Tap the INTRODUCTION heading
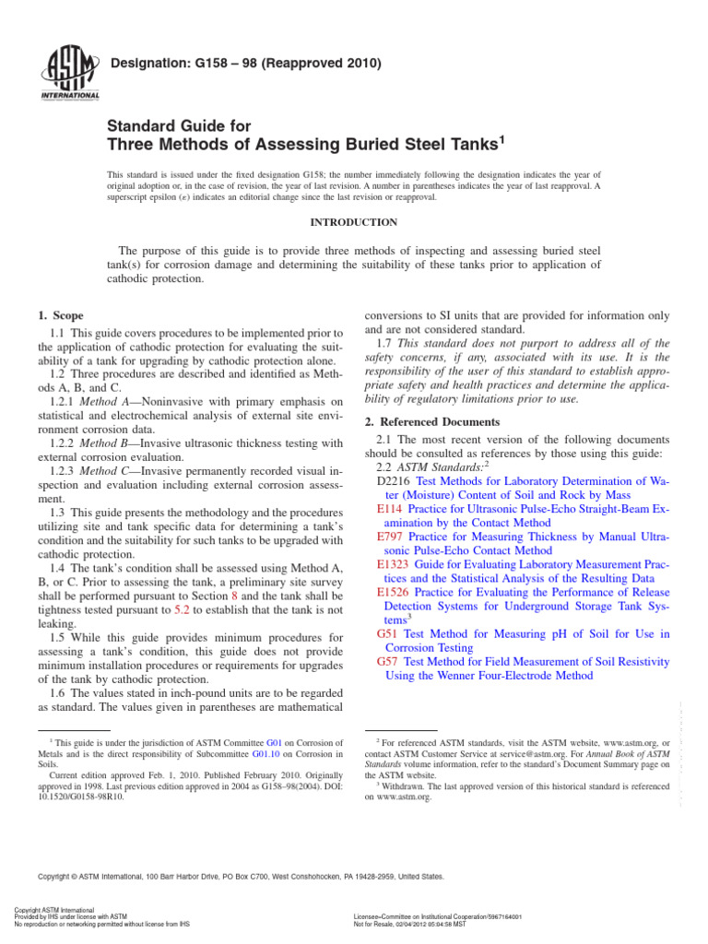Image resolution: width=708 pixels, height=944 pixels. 354,222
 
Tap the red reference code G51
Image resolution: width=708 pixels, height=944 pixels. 386,634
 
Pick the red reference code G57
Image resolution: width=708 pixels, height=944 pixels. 386,661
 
